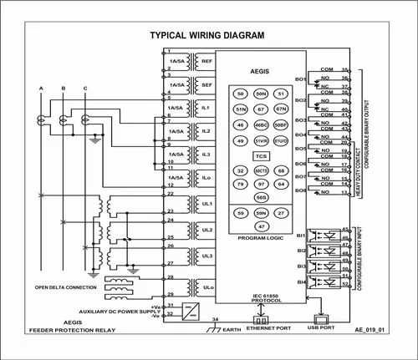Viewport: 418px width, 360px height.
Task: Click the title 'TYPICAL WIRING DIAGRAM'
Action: point(206,36)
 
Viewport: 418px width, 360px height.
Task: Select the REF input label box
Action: point(206,63)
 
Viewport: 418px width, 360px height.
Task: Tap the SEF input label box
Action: point(206,85)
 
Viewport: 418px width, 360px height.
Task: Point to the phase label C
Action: point(84,88)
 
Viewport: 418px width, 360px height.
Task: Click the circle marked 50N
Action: point(261,94)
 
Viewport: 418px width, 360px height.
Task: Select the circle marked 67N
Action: point(282,109)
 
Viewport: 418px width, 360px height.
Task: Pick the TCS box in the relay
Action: point(261,156)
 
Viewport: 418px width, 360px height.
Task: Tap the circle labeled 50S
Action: point(261,197)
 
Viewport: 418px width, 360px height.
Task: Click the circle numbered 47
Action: point(261,226)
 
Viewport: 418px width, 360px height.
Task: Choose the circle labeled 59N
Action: point(261,214)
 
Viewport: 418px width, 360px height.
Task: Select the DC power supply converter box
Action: point(192,310)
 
